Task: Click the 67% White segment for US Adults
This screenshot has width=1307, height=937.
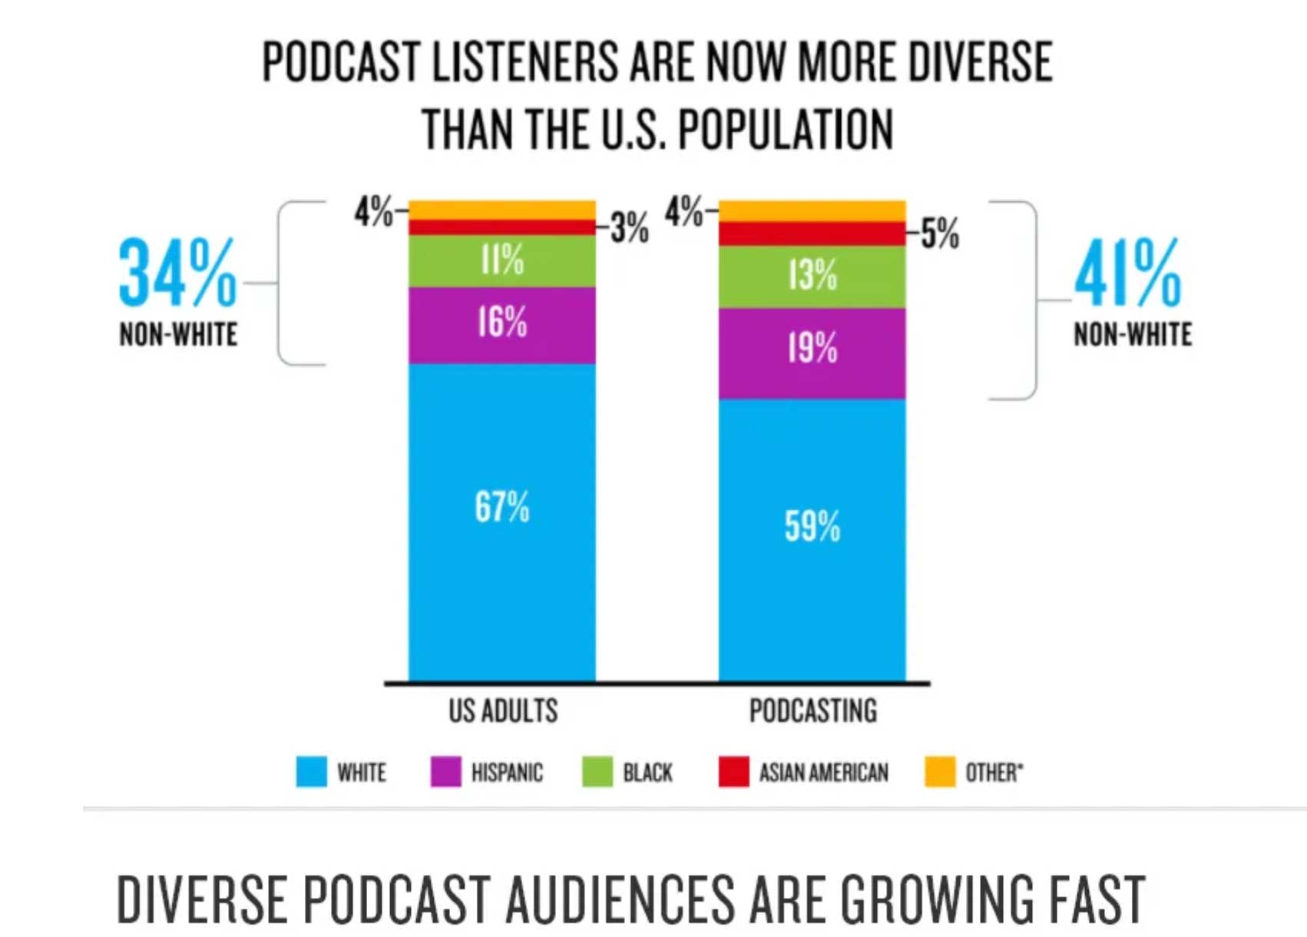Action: click(x=501, y=522)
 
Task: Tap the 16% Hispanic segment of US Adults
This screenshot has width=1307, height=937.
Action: click(x=501, y=325)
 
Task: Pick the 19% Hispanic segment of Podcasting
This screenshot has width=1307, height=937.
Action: click(x=812, y=353)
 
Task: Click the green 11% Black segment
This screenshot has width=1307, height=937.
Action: click(x=501, y=261)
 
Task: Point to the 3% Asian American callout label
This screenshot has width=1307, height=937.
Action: click(x=630, y=227)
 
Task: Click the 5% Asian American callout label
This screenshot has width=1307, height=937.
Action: click(x=941, y=233)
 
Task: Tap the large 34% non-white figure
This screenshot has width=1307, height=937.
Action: click(x=177, y=273)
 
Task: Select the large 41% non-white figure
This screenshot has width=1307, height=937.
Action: click(x=1127, y=273)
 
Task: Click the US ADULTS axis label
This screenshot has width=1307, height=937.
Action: click(x=503, y=711)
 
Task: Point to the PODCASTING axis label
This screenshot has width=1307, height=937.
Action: click(x=812, y=711)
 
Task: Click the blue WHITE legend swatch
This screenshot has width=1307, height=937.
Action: click(x=311, y=772)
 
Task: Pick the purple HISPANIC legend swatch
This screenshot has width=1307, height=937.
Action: click(x=445, y=772)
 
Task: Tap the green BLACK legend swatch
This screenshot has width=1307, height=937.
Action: click(x=597, y=772)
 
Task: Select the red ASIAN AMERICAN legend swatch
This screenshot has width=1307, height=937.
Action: click(x=733, y=772)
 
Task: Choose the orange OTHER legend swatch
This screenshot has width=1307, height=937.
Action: click(x=940, y=772)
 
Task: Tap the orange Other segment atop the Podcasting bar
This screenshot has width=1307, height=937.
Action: click(x=812, y=210)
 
